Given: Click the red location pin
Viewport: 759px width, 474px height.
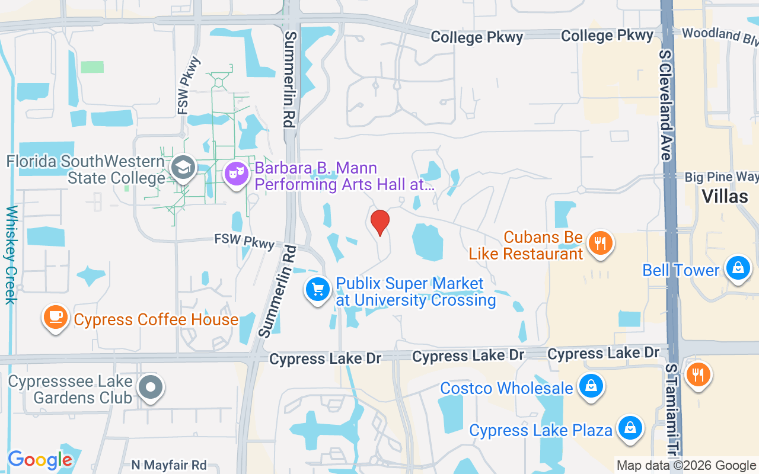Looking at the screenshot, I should pyautogui.click(x=379, y=223).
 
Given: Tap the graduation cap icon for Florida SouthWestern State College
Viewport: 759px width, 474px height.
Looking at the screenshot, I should pyautogui.click(x=183, y=168).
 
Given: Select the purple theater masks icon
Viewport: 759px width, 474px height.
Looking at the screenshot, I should pyautogui.click(x=237, y=174).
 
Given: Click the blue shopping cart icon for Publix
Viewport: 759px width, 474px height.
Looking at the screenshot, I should pyautogui.click(x=318, y=289).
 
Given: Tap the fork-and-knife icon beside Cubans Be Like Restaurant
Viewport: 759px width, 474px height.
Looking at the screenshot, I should pyautogui.click(x=601, y=243).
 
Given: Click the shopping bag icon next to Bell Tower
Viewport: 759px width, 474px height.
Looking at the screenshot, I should pyautogui.click(x=738, y=268).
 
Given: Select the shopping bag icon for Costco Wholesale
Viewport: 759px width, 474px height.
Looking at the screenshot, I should pyautogui.click(x=591, y=386).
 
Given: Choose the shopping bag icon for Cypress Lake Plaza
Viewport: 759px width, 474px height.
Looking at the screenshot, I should pyautogui.click(x=630, y=428).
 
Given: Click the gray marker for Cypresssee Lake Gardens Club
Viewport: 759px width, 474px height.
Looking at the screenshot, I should pyautogui.click(x=151, y=388).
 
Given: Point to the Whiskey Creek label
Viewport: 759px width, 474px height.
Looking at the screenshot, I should pyautogui.click(x=11, y=255).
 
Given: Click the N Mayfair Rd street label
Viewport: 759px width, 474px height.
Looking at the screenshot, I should pyautogui.click(x=169, y=465).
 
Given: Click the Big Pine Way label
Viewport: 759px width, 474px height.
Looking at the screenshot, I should pyautogui.click(x=721, y=177).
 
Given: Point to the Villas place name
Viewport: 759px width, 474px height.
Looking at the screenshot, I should pyautogui.click(x=725, y=196).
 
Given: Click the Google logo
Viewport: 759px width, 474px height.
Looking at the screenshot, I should pyautogui.click(x=40, y=460).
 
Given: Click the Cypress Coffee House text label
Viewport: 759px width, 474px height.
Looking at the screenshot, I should pyautogui.click(x=156, y=320).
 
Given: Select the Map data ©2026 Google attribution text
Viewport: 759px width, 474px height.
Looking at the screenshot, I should pyautogui.click(x=686, y=466).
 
